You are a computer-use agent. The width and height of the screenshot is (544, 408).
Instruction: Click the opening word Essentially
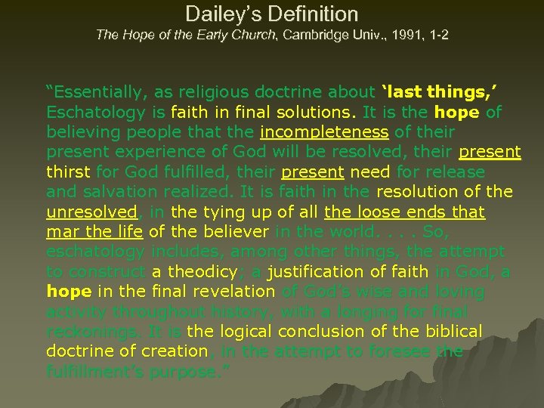click(98, 93)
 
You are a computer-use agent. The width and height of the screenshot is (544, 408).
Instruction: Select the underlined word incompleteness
click(324, 132)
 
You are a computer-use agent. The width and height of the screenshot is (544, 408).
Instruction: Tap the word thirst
click(68, 172)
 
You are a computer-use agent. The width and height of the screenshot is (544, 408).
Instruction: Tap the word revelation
click(230, 292)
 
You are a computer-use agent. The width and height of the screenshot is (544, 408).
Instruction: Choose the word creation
click(173, 351)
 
